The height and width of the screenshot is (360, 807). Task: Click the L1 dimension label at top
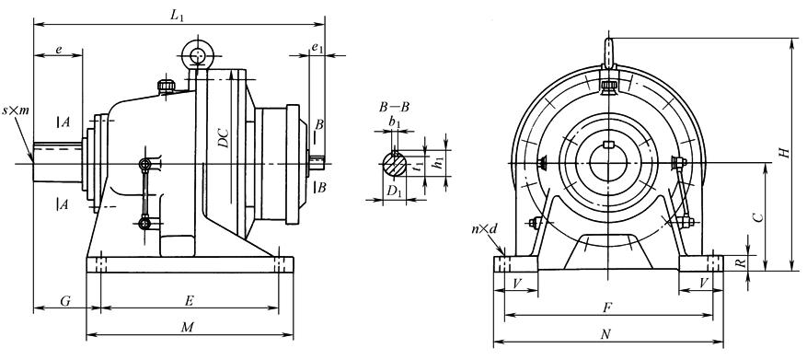[178, 16]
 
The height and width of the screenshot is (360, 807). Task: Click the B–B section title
[394, 108]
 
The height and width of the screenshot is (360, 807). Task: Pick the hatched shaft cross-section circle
[394, 165]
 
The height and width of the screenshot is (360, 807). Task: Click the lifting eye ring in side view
[198, 53]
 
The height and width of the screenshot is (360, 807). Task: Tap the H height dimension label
[784, 153]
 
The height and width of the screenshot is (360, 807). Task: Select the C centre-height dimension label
[757, 217]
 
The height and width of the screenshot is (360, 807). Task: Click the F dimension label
[607, 308]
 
